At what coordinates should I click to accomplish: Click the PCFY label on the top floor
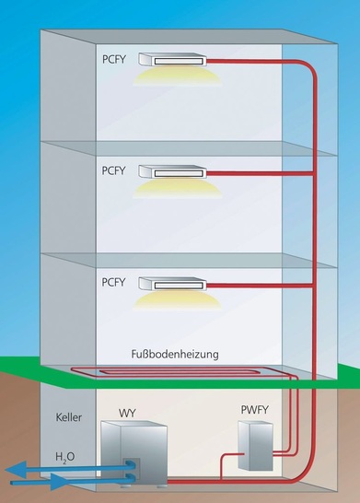tap(115, 57)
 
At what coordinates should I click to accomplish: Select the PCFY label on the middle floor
tap(115, 170)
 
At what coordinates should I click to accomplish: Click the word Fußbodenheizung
tap(174, 353)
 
